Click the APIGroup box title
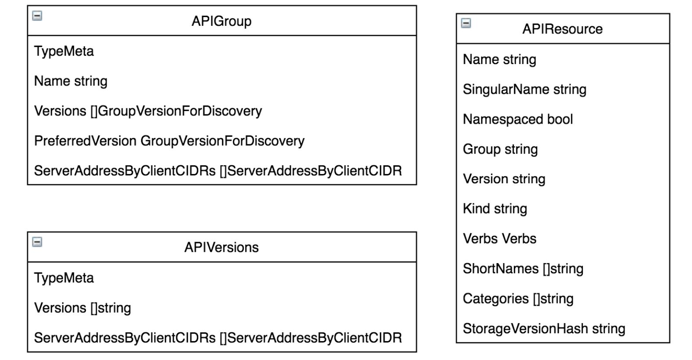point(221,21)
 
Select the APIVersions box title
point(221,247)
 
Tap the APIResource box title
point(562,29)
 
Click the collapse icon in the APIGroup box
point(38,16)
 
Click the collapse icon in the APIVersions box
point(38,242)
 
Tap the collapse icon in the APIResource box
point(466,23)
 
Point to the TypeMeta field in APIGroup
point(64,51)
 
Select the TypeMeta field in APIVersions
point(64,278)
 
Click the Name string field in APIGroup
point(71,81)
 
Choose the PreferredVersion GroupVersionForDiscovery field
point(169,141)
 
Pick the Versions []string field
point(82,308)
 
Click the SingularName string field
point(524,89)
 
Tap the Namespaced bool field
point(518,119)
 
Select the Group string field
point(500,149)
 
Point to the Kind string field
point(495,209)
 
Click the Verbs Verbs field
point(499,239)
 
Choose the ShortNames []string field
point(523,268)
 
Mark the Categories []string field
point(518,299)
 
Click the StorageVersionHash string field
point(544,328)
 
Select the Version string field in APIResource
point(504,179)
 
